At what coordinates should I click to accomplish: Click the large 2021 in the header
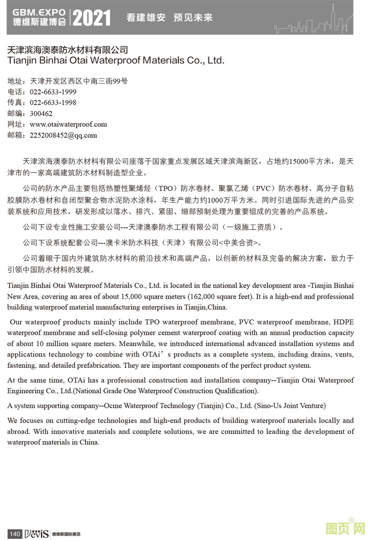tap(91, 17)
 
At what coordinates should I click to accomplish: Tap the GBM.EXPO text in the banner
tap(39, 12)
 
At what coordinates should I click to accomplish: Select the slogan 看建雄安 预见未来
tap(169, 17)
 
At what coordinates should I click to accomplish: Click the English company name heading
tap(116, 60)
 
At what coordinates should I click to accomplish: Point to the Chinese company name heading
tap(68, 50)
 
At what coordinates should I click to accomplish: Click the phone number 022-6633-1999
tap(53, 92)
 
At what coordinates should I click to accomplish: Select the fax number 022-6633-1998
tap(53, 103)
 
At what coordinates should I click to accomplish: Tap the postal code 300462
tap(41, 114)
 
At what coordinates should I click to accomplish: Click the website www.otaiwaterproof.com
tap(68, 124)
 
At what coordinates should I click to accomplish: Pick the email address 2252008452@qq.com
tap(63, 135)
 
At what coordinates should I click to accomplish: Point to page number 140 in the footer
tap(14, 534)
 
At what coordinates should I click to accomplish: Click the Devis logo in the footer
tap(36, 534)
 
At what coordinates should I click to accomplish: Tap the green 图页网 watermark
tap(345, 529)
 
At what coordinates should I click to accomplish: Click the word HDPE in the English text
tap(343, 322)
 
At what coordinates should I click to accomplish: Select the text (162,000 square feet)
tap(220, 296)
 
